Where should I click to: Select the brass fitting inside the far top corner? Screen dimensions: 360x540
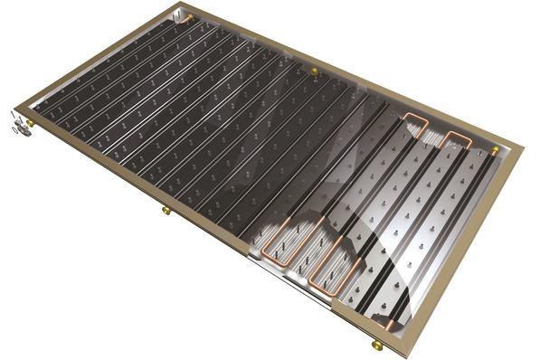(x=190, y=16)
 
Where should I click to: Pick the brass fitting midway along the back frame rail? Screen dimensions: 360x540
(x=314, y=71)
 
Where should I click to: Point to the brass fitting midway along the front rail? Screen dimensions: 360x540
(x=166, y=211)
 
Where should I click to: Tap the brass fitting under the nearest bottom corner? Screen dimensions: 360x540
(x=377, y=345)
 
